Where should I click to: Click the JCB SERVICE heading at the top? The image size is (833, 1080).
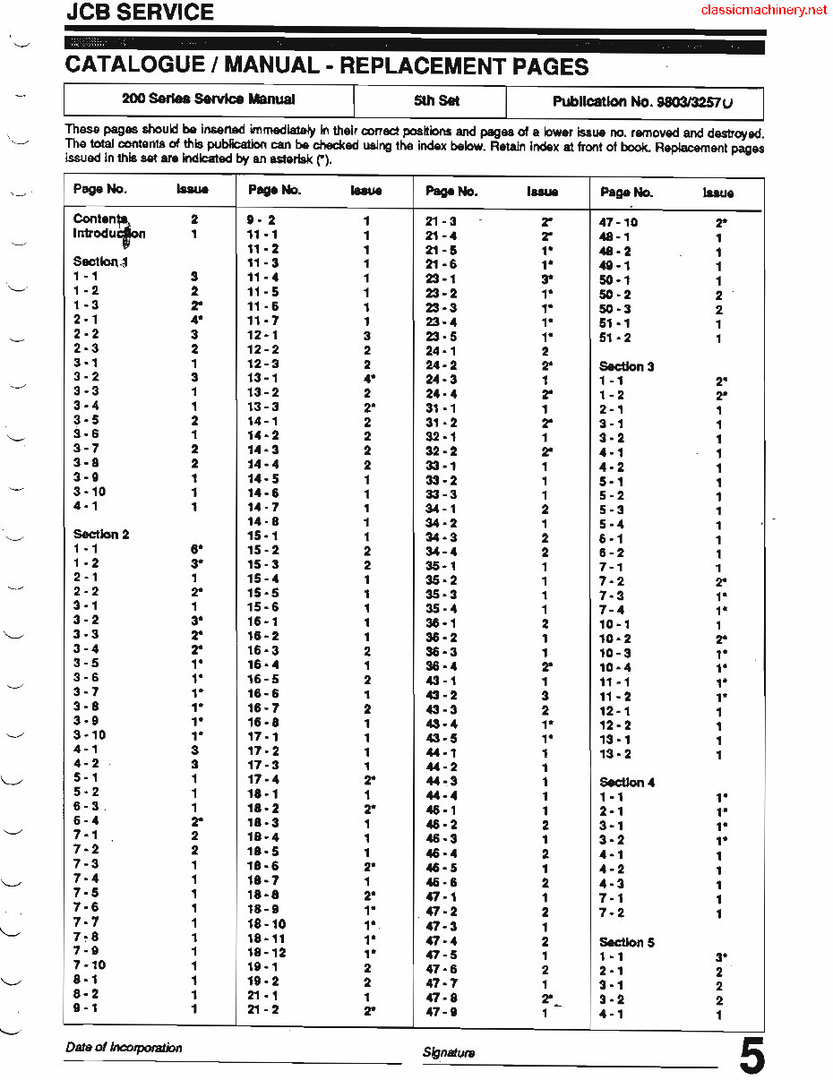[x=140, y=13]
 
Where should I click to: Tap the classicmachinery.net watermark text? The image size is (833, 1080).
[x=764, y=11]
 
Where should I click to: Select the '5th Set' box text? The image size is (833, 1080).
[x=436, y=101]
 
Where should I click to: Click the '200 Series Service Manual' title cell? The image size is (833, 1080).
[x=209, y=99]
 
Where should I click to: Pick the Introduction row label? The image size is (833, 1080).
[x=108, y=234]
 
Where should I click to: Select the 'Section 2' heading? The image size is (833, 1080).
[x=101, y=534]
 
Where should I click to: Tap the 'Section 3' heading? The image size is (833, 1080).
[x=626, y=366]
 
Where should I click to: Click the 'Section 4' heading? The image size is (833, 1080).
[x=627, y=782]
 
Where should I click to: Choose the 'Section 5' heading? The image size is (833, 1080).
[x=627, y=942]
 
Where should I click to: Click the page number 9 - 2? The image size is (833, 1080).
[x=262, y=219]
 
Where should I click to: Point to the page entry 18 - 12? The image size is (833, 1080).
[x=267, y=953]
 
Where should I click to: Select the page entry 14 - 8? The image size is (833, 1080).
[x=263, y=521]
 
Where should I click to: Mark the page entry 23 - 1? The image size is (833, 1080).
[x=441, y=279]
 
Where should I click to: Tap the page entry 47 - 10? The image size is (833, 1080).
[x=618, y=222]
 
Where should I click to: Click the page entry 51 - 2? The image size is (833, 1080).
[x=614, y=338]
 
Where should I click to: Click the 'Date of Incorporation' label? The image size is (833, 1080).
[x=124, y=1047]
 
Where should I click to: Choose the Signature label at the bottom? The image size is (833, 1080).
[x=449, y=1052]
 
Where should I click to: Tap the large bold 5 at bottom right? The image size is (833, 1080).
[x=751, y=1057]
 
